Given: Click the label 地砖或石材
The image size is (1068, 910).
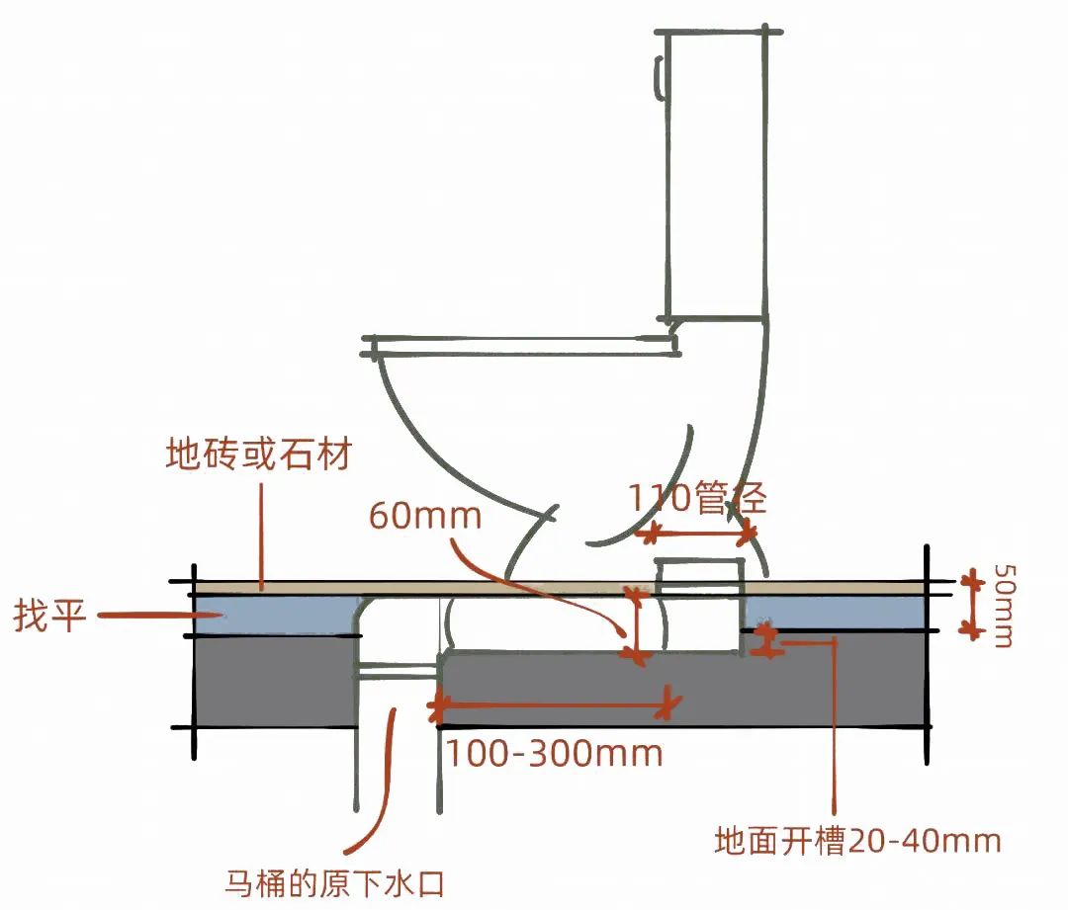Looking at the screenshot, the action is (258, 456).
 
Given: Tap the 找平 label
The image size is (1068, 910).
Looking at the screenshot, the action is (50, 618).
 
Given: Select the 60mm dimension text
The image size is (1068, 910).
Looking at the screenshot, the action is (424, 515).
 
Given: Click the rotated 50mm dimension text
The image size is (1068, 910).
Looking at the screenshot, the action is (1002, 606).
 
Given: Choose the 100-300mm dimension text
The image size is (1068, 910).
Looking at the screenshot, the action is (554, 754).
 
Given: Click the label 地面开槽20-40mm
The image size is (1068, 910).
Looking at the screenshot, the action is (857, 841).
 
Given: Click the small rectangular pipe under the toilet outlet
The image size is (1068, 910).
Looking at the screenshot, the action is (699, 606).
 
